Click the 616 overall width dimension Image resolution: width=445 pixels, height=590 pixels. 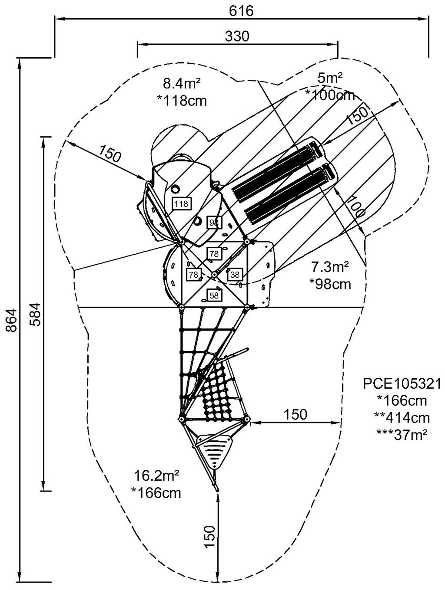[241, 10]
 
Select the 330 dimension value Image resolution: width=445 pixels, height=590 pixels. [237, 36]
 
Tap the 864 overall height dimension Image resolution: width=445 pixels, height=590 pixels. [12, 320]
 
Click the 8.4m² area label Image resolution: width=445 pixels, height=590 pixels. [181, 82]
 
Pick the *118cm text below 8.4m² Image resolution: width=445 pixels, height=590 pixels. [181, 100]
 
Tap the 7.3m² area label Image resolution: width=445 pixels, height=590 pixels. [330, 267]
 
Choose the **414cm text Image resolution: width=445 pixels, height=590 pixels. [402, 417]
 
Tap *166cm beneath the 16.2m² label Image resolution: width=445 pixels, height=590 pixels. [156, 493]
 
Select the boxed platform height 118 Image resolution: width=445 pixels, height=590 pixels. [181, 203]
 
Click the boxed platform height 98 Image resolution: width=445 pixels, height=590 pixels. [214, 223]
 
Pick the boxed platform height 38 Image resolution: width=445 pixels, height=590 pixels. [235, 274]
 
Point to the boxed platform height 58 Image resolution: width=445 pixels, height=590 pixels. [214, 295]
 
